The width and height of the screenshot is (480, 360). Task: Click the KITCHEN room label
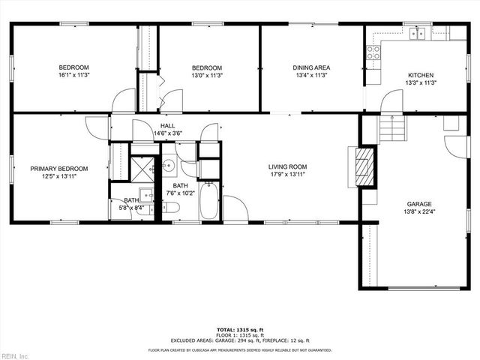click(x=420, y=75)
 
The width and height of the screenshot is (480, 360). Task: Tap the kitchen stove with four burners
click(x=373, y=52)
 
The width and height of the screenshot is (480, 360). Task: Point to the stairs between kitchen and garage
click(x=392, y=129)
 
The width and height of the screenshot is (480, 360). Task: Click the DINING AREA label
click(x=311, y=67)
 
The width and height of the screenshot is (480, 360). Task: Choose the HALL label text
click(x=168, y=126)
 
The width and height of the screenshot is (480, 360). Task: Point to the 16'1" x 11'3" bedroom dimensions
click(x=74, y=75)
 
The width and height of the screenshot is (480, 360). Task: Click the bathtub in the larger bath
click(x=208, y=200)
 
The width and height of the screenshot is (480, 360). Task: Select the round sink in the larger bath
click(x=169, y=166)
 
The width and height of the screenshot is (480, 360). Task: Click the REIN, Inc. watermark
click(x=14, y=355)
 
